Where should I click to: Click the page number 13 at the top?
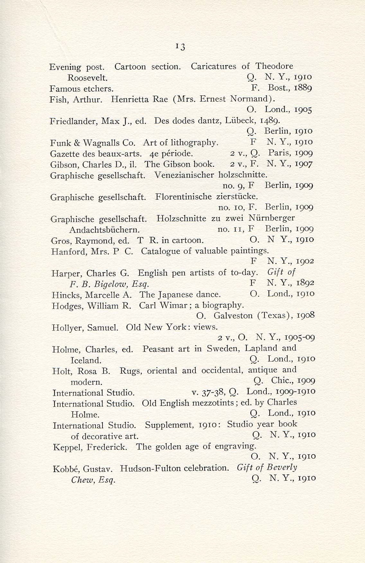[x=180, y=47]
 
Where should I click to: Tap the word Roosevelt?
[x=87, y=78]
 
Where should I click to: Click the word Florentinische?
[x=183, y=197]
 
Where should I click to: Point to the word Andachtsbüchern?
[x=104, y=230]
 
